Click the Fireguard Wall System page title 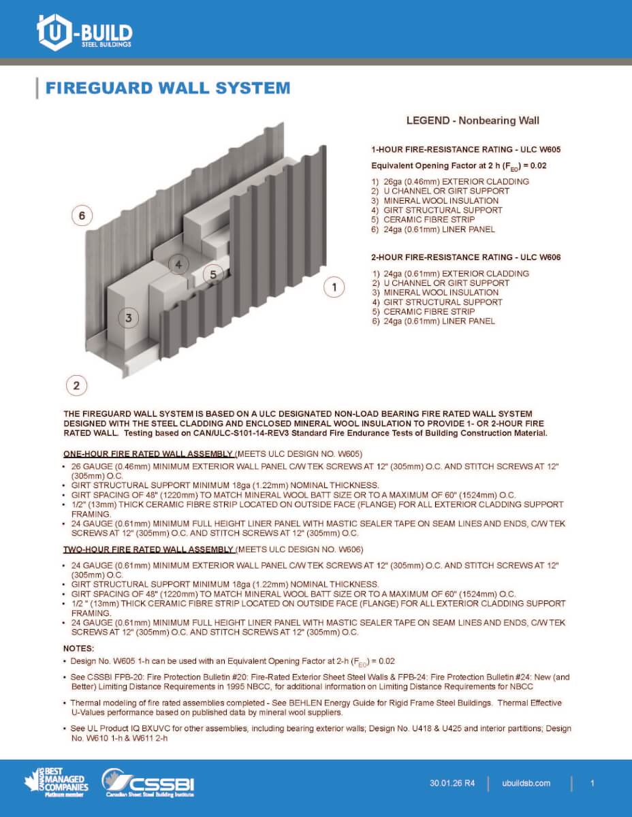point(168,88)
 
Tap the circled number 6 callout point(82,216)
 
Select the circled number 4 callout point(178,264)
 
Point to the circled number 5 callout point(213,274)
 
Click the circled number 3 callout point(128,317)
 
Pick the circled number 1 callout point(334,287)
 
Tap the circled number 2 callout point(76,386)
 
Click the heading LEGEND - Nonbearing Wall point(473,121)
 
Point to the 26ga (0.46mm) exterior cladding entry point(450,182)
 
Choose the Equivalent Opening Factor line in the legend point(459,165)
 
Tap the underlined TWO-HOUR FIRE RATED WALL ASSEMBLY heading point(149,549)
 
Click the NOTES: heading point(79,648)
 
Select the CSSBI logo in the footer point(148,783)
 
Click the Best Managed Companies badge point(54,782)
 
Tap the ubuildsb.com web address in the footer point(530,784)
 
